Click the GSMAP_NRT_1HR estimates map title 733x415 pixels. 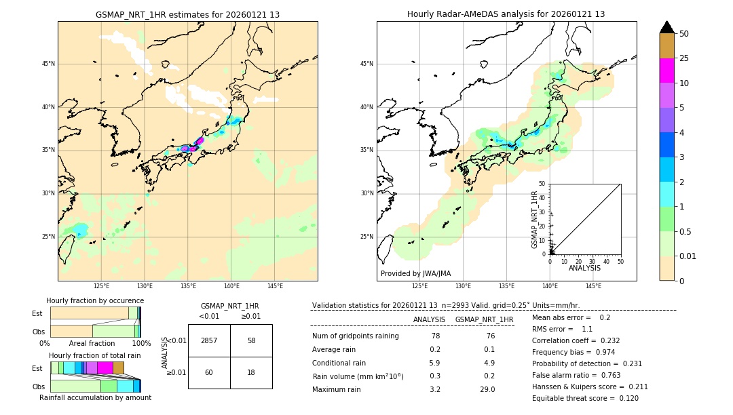(187, 14)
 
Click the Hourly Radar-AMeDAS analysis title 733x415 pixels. (506, 14)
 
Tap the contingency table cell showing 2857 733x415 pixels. (209, 340)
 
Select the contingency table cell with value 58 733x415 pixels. (251, 340)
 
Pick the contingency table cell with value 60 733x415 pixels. (209, 372)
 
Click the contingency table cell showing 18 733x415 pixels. (251, 372)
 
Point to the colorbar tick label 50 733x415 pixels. (684, 34)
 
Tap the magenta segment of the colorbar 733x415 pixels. (666, 71)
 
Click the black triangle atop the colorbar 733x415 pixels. (666, 27)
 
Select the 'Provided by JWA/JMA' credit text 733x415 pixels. (415, 274)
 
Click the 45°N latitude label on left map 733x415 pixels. (48, 64)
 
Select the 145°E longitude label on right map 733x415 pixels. (593, 286)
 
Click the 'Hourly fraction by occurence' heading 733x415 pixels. (95, 300)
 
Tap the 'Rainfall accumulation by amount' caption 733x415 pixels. (95, 397)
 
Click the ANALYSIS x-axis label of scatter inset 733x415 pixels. (584, 268)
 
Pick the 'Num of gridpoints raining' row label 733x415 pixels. (355, 336)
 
